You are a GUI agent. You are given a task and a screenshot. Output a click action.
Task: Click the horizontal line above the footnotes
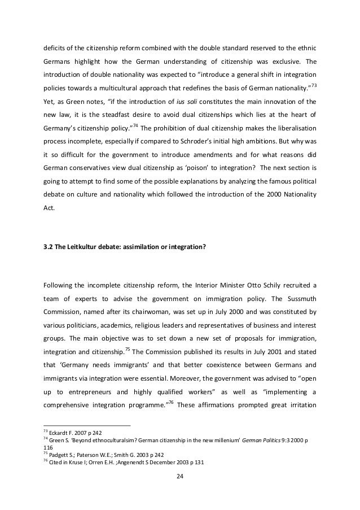87,425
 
